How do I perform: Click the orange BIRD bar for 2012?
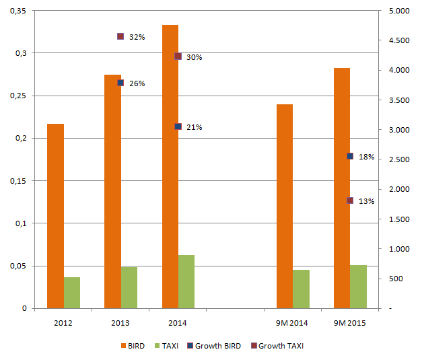(x=55, y=216)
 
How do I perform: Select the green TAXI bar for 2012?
(x=72, y=293)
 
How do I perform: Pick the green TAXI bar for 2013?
(x=129, y=287)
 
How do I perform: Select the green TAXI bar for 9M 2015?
(x=359, y=287)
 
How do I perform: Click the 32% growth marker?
(x=120, y=36)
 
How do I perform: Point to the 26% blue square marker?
(x=120, y=83)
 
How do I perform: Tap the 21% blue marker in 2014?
(x=178, y=127)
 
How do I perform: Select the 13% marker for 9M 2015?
(x=350, y=201)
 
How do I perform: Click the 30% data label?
(x=195, y=57)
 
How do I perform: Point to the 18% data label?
(x=366, y=157)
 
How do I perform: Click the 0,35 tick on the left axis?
(x=17, y=11)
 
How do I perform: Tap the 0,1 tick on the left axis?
(x=20, y=223)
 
